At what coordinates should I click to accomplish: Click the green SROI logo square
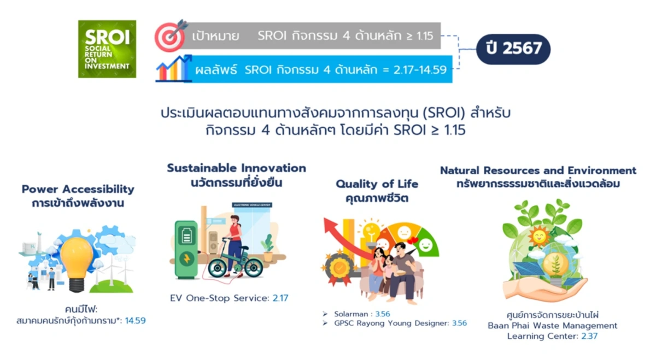(107, 49)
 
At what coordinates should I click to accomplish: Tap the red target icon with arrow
(171, 36)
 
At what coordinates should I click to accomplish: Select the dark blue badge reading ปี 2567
(513, 49)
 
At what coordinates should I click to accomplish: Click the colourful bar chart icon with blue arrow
(174, 68)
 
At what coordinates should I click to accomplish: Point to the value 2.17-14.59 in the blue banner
(420, 70)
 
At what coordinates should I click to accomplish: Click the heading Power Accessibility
(78, 189)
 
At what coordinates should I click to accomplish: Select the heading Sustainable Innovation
(237, 168)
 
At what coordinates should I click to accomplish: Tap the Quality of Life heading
(377, 184)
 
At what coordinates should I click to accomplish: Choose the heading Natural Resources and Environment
(538, 170)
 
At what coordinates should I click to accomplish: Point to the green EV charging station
(186, 249)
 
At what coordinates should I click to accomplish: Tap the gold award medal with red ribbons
(339, 267)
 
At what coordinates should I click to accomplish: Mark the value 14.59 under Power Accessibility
(136, 321)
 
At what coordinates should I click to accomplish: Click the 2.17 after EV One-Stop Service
(280, 298)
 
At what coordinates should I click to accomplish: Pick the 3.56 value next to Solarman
(383, 314)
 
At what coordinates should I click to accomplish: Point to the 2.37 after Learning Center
(589, 336)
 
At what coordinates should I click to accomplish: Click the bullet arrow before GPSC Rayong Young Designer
(325, 323)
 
